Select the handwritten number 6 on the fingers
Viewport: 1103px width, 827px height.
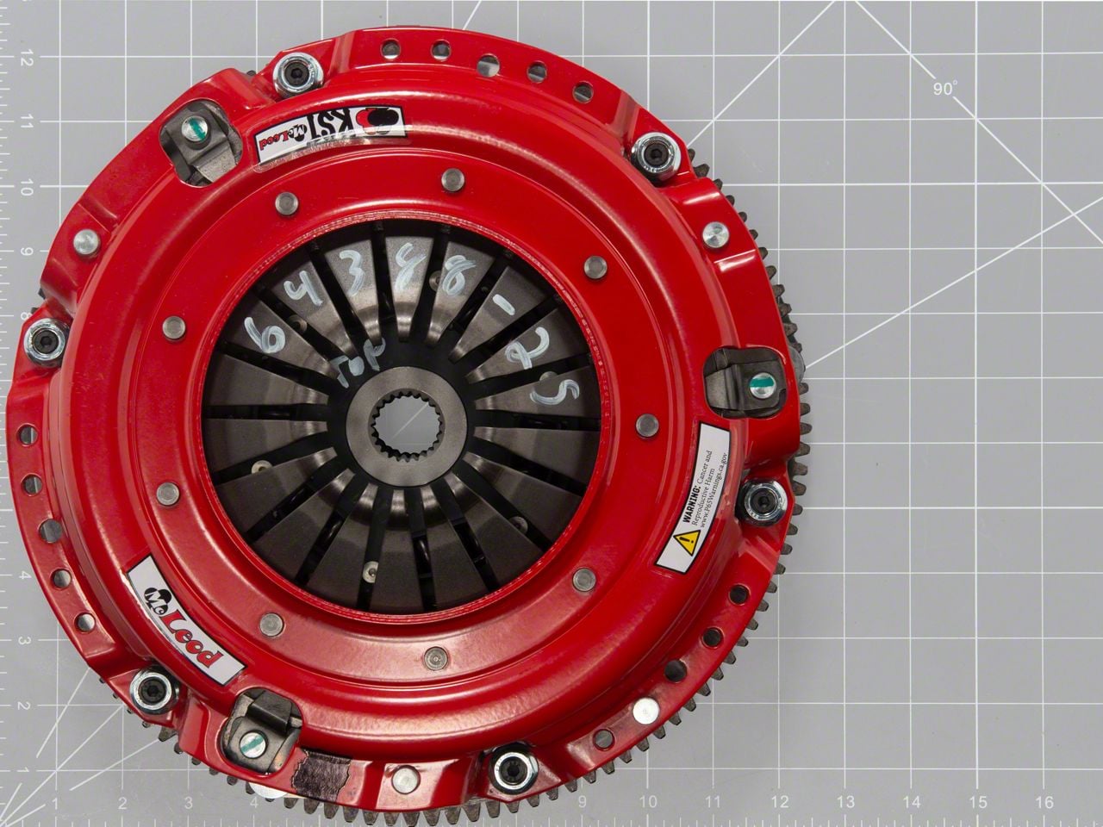click(261, 332)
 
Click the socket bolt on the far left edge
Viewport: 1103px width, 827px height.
click(43, 342)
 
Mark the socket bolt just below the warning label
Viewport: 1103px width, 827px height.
click(763, 501)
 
